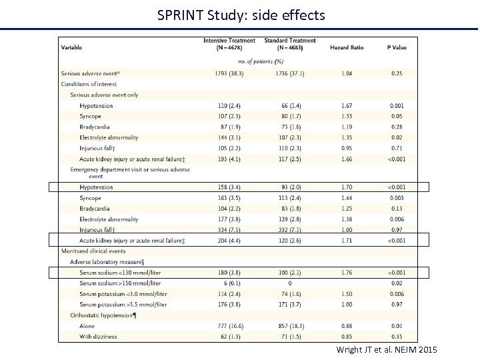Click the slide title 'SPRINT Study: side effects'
pos(241,14)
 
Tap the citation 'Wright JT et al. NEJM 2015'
pos(387,349)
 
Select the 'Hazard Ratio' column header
pos(346,47)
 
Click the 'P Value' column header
pos(397,47)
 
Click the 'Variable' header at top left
pos(72,47)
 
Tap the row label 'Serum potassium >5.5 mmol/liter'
pos(123,305)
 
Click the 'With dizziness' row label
pos(98,337)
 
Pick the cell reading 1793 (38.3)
pos(229,73)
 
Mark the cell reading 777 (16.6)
pos(229,326)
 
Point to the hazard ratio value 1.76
pos(346,272)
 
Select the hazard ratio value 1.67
pos(346,106)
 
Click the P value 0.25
pos(397,73)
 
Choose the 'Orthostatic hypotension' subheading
pos(103,315)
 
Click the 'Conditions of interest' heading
pos(89,84)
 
